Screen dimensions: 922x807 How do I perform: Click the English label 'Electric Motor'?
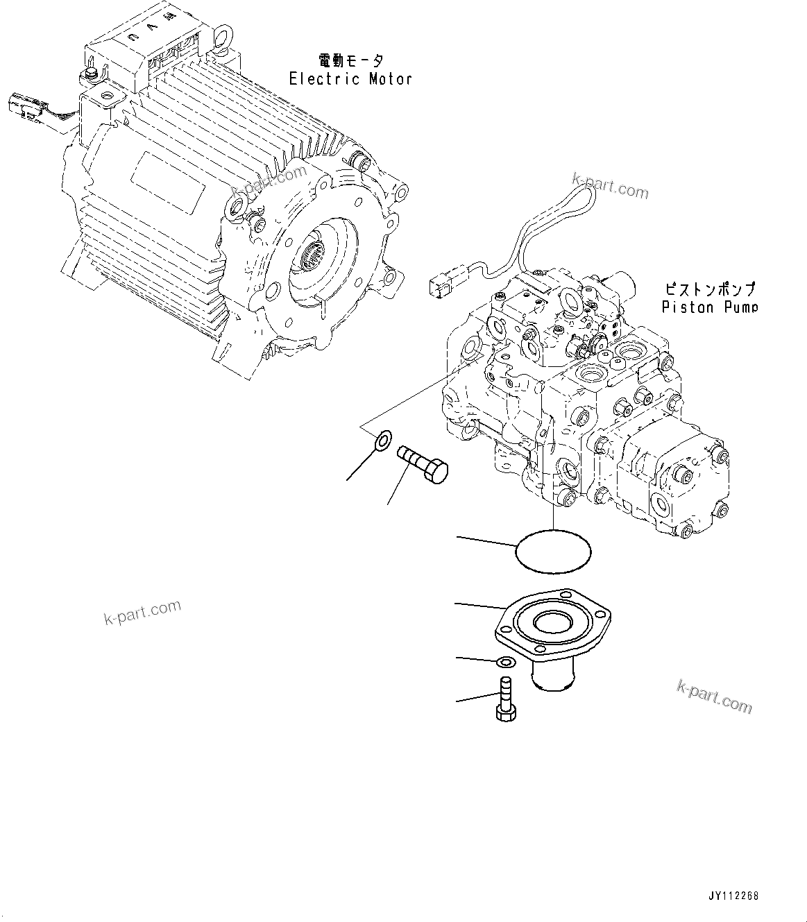tap(350, 78)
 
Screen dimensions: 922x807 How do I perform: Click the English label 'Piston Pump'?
tap(709, 307)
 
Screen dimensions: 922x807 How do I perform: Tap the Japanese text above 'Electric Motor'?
tap(350, 60)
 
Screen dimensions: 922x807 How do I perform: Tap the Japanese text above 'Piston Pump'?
tap(709, 289)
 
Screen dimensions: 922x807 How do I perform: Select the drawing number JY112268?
tap(733, 896)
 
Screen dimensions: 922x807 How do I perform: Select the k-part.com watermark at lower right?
tap(714, 697)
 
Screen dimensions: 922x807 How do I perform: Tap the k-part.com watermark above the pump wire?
tap(610, 187)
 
